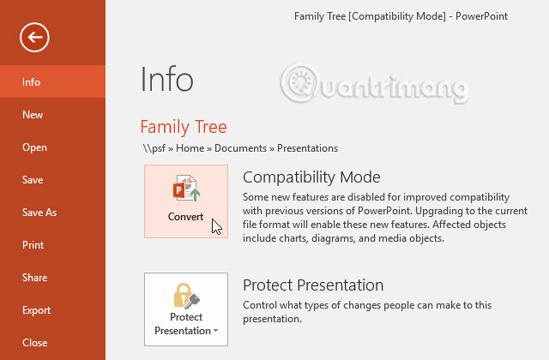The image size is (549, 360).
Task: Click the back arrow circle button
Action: pyautogui.click(x=35, y=36)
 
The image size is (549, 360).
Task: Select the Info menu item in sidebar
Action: pyautogui.click(x=32, y=82)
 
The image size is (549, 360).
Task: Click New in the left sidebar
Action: pyautogui.click(x=33, y=115)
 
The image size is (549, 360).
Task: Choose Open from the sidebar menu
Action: pyautogui.click(x=34, y=147)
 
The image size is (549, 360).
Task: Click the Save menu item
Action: pyautogui.click(x=33, y=180)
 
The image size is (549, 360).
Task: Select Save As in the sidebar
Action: pyautogui.click(x=39, y=213)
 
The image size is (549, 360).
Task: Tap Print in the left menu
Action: pyautogui.click(x=33, y=245)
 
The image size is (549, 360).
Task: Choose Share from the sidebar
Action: pyautogui.click(x=34, y=278)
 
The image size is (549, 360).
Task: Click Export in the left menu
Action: pyautogui.click(x=36, y=310)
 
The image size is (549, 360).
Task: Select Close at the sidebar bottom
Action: pyautogui.click(x=34, y=343)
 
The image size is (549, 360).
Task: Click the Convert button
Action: pyautogui.click(x=186, y=201)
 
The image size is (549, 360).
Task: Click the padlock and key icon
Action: pyautogui.click(x=186, y=296)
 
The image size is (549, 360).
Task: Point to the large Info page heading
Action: pyautogui.click(x=166, y=79)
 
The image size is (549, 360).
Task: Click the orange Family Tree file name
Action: pyautogui.click(x=184, y=127)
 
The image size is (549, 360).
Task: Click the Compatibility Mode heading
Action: pyautogui.click(x=311, y=177)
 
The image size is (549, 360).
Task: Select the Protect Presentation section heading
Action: pyautogui.click(x=313, y=285)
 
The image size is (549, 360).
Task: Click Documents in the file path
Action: pyautogui.click(x=240, y=148)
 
